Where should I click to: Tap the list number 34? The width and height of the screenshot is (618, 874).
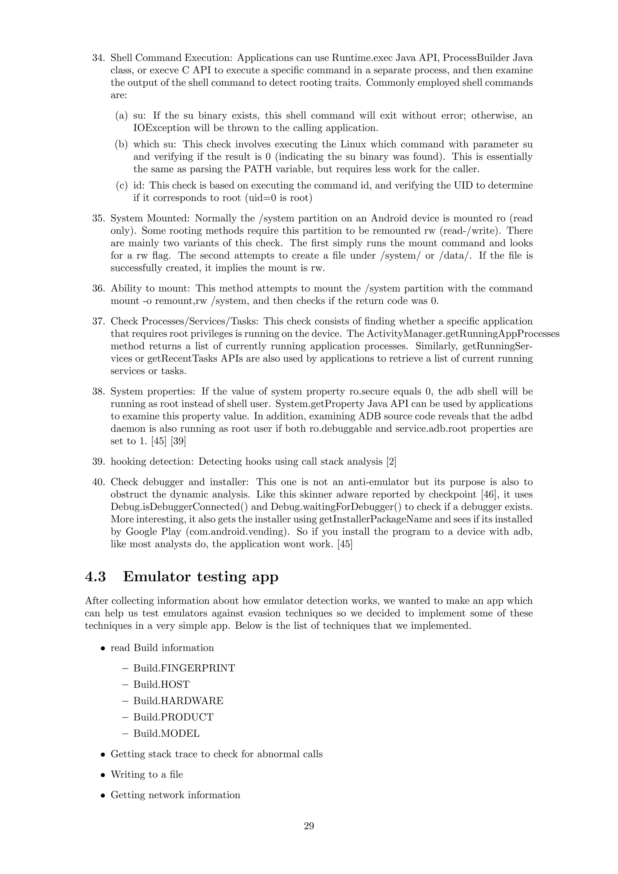98,58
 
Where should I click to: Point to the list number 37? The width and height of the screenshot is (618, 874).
98,321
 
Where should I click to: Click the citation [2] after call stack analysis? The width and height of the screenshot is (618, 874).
391,462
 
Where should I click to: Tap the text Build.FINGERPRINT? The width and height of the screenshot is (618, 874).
184,668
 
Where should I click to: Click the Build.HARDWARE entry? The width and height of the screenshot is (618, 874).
178,701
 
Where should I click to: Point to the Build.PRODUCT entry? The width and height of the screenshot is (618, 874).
173,717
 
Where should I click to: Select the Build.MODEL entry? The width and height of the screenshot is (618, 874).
166,734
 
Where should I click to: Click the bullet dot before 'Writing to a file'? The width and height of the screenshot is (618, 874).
102,775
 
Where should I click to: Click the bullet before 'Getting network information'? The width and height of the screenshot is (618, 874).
102,796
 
